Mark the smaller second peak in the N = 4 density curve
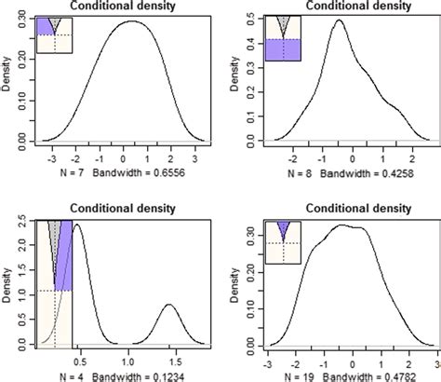(169, 305)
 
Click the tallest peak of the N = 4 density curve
(78, 228)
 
